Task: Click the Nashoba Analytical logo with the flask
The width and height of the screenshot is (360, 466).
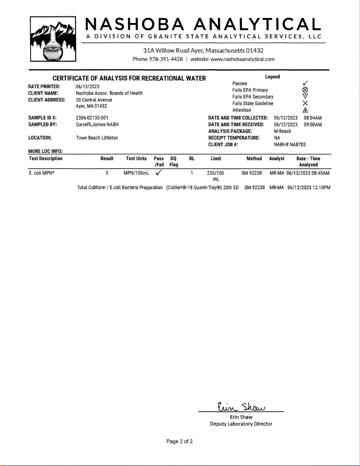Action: coord(53,41)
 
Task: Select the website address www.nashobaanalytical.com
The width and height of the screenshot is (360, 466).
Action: coord(232,59)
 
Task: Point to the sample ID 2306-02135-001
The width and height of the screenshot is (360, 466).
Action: coord(92,118)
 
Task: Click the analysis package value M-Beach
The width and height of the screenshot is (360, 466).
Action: coord(283,131)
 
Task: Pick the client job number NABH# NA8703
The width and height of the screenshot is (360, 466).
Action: coord(289,145)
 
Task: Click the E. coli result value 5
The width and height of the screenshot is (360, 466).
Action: coord(107,173)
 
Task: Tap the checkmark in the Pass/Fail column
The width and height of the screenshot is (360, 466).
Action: coord(159,172)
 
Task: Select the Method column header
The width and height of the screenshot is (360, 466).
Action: coord(254,159)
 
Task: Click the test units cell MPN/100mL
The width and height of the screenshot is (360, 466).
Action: coord(136,173)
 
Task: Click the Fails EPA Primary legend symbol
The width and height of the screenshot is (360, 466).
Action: coord(305,90)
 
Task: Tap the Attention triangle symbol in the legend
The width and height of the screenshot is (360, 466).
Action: coord(305,110)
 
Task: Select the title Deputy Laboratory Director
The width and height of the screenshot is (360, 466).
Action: coord(241,424)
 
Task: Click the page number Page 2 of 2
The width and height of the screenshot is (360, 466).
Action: coord(179,441)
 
